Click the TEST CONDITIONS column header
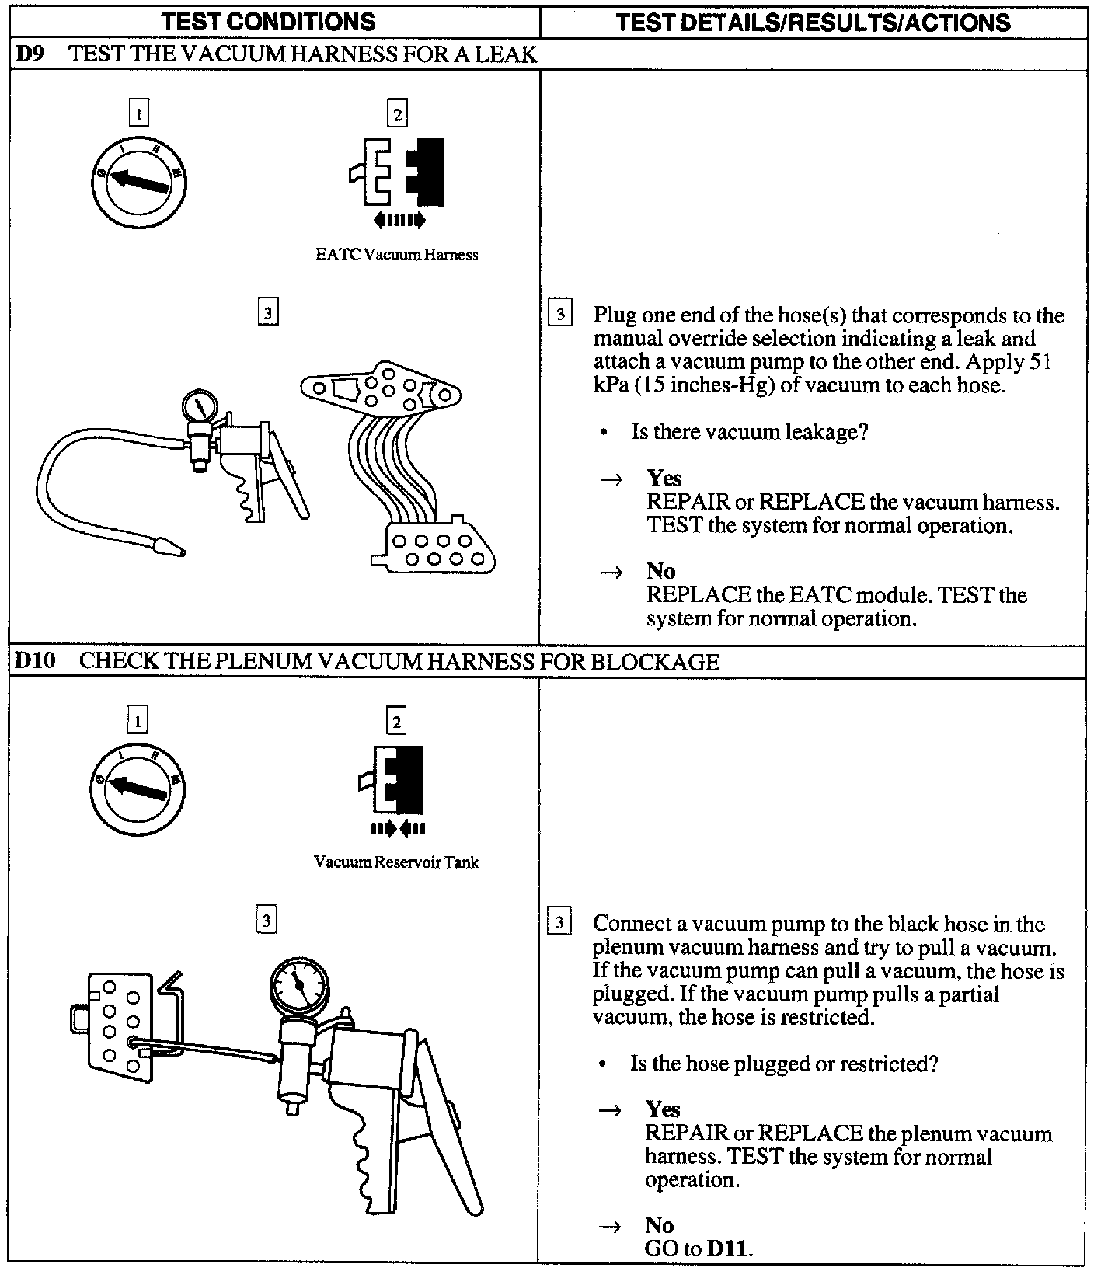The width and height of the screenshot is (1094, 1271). pos(270,22)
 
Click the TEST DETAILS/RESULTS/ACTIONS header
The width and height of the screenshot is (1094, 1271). pos(813,22)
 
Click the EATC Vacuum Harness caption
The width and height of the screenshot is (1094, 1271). pos(396,255)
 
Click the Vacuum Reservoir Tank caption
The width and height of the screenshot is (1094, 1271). pos(396,862)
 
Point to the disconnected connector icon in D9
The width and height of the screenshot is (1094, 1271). pos(397,172)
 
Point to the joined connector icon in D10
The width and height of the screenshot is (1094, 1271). pos(396,779)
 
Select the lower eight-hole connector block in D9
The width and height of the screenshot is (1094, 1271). pos(435,548)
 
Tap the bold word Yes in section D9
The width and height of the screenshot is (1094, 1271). pos(664,479)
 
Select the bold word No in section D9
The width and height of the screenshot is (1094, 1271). pos(660,572)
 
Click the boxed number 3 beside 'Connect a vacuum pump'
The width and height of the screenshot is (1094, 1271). pos(560,923)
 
